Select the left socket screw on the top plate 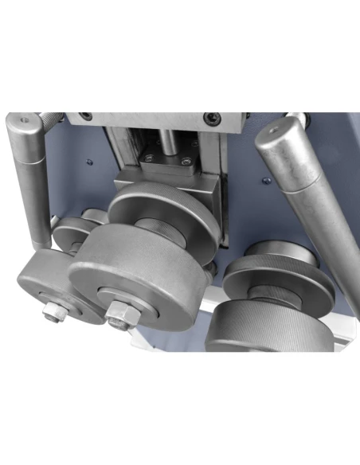pos(84,118)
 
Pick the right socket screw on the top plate pos(210,118)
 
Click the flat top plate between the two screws pos(147,119)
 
